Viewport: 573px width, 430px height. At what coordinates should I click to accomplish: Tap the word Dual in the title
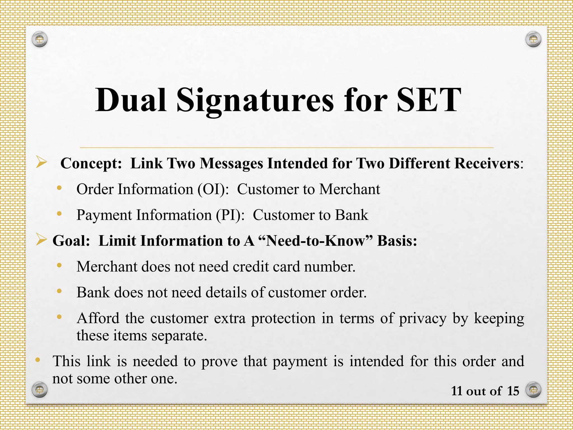(x=131, y=100)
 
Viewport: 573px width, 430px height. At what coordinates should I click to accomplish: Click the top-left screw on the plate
(x=39, y=39)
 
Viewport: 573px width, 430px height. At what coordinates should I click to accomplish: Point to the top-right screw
(x=533, y=39)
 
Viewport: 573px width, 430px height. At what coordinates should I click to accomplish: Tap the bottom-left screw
(x=39, y=389)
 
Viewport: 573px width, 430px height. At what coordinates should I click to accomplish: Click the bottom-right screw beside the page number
(x=533, y=389)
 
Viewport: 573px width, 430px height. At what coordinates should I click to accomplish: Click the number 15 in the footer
(x=513, y=391)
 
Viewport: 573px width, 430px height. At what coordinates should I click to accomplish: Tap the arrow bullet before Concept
(x=41, y=162)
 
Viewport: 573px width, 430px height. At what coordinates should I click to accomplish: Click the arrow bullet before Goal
(x=41, y=240)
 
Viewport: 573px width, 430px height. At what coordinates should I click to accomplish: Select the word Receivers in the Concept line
(x=487, y=163)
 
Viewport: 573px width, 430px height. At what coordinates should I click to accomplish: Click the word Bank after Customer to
(x=351, y=215)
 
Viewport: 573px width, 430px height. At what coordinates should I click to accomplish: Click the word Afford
(x=98, y=318)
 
